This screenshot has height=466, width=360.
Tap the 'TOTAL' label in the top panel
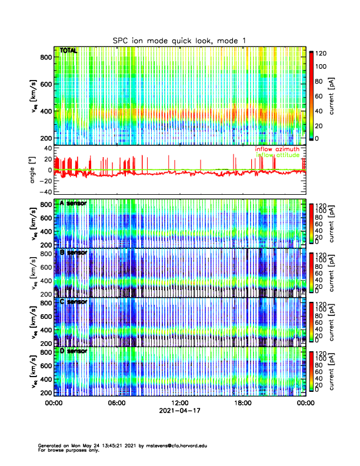(69, 51)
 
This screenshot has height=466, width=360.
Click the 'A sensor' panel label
(74, 204)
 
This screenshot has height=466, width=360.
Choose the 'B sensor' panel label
(74, 252)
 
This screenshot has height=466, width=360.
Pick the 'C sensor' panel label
(74, 302)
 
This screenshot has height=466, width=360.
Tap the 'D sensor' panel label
(74, 351)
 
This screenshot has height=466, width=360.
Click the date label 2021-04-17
(179, 411)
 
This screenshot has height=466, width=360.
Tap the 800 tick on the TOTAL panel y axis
(45, 56)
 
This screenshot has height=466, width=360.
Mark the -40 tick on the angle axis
(44, 192)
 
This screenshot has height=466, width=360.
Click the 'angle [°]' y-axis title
(33, 170)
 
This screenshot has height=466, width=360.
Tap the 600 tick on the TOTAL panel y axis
(45, 84)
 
